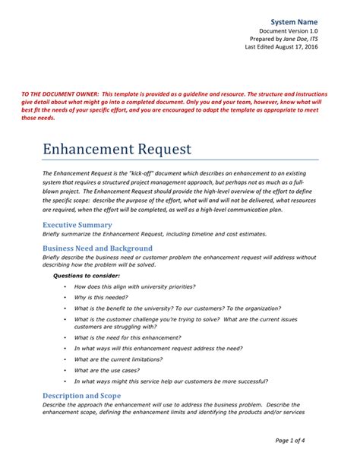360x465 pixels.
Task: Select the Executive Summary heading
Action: (x=77, y=226)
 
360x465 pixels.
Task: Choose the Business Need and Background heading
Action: (x=97, y=248)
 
